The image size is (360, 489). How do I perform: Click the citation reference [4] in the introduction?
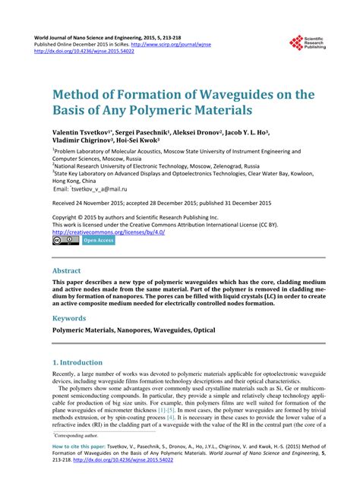pyautogui.click(x=171, y=418)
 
